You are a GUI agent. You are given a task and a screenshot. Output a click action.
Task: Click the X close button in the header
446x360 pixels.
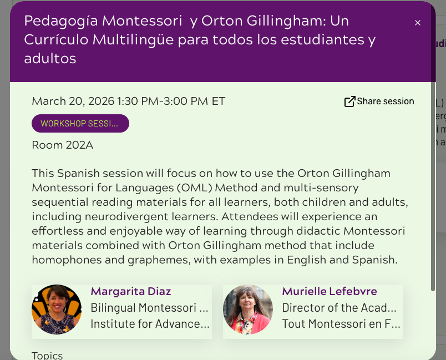coord(417,23)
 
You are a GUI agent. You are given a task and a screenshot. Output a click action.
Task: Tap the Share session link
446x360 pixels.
coord(379,101)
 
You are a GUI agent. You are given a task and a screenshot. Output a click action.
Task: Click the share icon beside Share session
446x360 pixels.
coord(349,102)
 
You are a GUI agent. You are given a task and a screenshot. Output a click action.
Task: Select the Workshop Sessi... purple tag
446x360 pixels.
coord(80,123)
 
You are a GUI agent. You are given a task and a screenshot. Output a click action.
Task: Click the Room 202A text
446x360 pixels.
coord(63,145)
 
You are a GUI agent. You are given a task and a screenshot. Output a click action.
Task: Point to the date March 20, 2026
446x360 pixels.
coord(73,101)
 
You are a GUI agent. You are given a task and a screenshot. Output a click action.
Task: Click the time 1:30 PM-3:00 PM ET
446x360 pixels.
coord(171,101)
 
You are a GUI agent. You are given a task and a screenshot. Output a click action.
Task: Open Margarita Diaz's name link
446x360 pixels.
coord(131,291)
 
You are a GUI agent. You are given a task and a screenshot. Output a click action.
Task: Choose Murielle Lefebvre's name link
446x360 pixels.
coord(330,291)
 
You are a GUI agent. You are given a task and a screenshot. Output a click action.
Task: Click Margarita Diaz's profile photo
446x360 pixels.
coord(57,310)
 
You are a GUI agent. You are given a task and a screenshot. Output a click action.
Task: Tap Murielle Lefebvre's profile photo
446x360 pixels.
coord(248,310)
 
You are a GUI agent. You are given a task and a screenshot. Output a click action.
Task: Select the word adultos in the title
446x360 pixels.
coord(50,58)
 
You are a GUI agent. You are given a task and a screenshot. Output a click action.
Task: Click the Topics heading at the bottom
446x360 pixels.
coord(47,356)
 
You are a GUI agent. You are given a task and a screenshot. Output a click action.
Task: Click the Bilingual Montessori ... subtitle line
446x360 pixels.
coord(149,308)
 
